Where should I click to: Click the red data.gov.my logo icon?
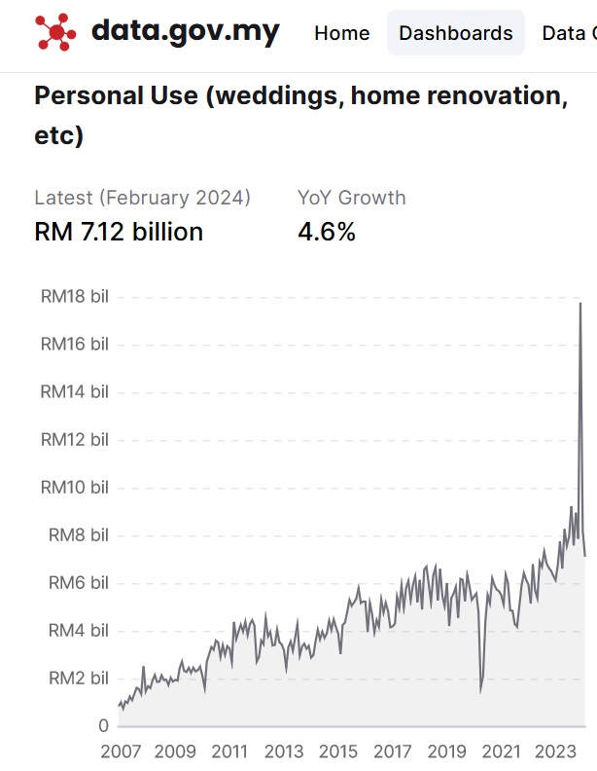pos(56,32)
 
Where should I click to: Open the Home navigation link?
pos(341,33)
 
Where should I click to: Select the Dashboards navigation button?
pos(455,33)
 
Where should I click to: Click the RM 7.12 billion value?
pos(119,232)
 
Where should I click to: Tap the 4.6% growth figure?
pos(327,232)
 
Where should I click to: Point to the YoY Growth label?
pos(351,198)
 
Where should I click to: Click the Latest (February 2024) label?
pos(142,198)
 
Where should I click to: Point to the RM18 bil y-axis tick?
pos(74,297)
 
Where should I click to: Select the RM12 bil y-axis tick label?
pos(74,440)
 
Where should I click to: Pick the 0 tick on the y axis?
pos(103,726)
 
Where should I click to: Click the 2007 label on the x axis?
pos(121,752)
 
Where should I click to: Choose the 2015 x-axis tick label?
pos(338,752)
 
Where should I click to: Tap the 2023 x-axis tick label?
pos(555,752)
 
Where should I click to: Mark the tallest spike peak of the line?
pos(580,304)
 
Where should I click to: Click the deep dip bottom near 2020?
pos(480,691)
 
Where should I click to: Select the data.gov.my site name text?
pos(185,32)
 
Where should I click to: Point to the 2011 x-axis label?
pos(229,752)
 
